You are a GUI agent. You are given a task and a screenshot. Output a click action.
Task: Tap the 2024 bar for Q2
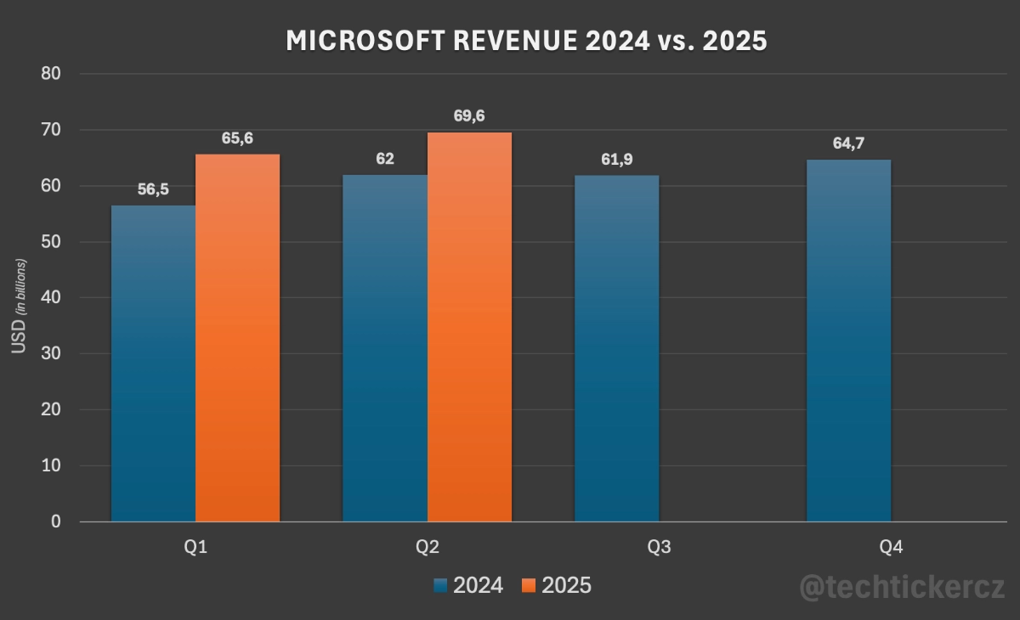384,348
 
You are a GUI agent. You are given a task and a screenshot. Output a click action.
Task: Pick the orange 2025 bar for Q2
469,327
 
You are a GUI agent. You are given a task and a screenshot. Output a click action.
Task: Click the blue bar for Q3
616,348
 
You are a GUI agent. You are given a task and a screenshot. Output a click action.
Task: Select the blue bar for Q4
848,341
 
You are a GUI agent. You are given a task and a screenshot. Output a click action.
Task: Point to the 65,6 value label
239,138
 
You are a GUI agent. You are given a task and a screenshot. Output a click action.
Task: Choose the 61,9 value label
616,159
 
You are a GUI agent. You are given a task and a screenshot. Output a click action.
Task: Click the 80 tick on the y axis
51,74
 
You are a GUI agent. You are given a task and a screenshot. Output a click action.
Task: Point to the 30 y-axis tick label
51,354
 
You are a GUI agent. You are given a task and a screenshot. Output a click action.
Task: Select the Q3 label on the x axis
659,548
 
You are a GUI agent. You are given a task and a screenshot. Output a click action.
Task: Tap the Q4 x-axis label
891,548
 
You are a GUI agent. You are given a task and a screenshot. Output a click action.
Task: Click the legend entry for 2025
557,585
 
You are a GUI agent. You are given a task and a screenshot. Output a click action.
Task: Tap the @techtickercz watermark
903,587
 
